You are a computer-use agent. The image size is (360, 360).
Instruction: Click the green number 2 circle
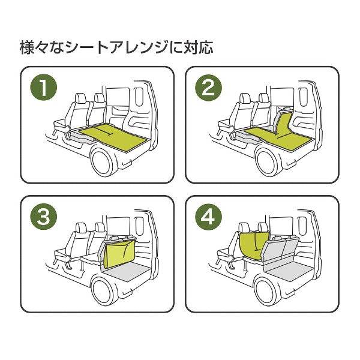(208, 88)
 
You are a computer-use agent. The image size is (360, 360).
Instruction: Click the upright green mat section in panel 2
(284, 122)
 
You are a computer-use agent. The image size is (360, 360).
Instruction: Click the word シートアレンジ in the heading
(127, 46)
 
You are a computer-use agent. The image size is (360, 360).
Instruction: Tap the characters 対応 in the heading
(202, 46)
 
